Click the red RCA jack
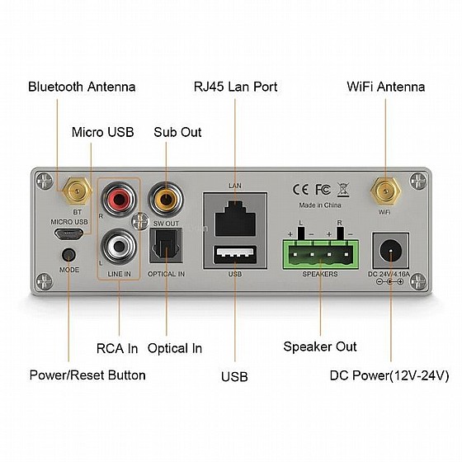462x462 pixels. (x=119, y=199)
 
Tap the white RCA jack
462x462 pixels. (x=119, y=247)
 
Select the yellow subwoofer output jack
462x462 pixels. (x=166, y=199)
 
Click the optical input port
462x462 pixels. (x=166, y=247)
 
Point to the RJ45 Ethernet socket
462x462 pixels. (x=235, y=218)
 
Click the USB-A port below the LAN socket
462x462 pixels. (x=235, y=254)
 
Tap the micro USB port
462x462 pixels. (x=68, y=234)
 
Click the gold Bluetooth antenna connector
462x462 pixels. (x=77, y=191)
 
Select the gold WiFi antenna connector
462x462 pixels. (x=385, y=191)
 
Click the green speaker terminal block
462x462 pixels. (x=321, y=254)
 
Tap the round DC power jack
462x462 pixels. (x=391, y=251)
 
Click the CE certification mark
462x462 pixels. (x=300, y=190)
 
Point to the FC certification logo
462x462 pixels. (x=323, y=190)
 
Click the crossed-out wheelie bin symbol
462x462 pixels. (x=343, y=190)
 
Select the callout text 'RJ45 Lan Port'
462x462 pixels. (x=235, y=87)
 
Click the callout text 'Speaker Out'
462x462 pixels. (x=320, y=346)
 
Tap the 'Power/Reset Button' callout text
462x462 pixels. (x=87, y=375)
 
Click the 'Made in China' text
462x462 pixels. (x=320, y=205)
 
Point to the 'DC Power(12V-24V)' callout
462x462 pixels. (x=389, y=375)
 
